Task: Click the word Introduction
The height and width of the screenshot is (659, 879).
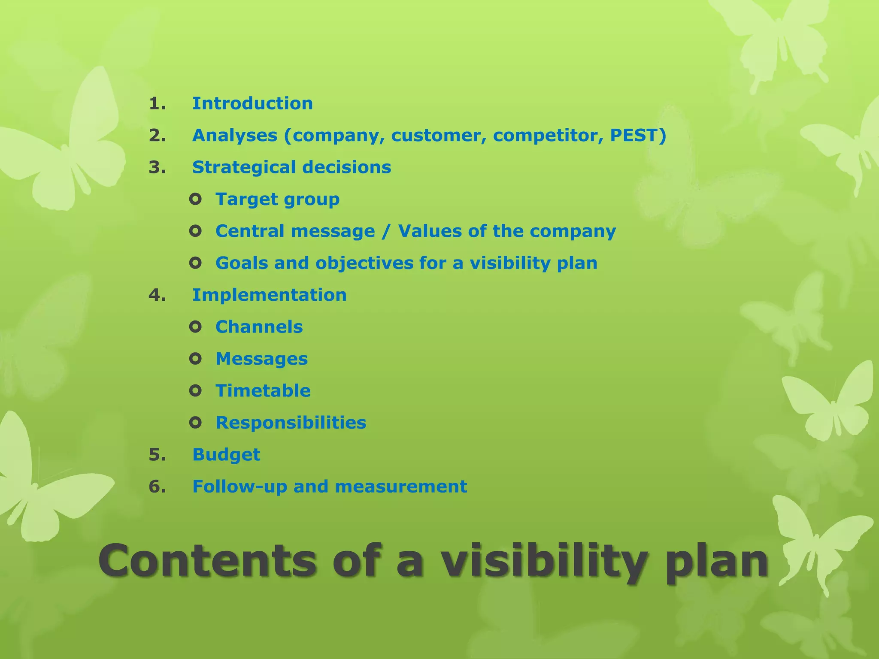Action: click(252, 103)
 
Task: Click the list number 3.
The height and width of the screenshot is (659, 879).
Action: click(157, 167)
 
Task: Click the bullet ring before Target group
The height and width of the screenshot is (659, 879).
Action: click(195, 199)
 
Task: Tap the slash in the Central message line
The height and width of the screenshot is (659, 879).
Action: click(386, 231)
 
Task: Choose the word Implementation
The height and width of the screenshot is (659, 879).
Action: click(269, 295)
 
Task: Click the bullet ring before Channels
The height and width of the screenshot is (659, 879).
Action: click(195, 327)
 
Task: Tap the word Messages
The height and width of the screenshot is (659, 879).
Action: click(261, 359)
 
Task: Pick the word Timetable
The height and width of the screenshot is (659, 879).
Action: click(263, 391)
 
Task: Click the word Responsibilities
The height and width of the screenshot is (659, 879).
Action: click(291, 423)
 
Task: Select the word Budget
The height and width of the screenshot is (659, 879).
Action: click(226, 454)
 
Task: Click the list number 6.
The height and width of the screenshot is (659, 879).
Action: click(157, 487)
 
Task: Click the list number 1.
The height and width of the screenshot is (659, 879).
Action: click(157, 103)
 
